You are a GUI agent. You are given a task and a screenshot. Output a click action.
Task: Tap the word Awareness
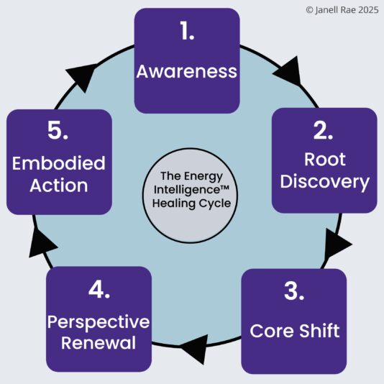click(187, 71)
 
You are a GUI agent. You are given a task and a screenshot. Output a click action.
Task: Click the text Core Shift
click(294, 332)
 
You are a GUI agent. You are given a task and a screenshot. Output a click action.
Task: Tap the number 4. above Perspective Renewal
click(99, 291)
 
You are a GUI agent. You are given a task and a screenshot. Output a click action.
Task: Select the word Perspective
click(99, 321)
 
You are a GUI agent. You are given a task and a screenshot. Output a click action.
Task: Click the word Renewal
click(99, 342)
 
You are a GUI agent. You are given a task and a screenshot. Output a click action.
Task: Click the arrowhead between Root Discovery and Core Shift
click(335, 243)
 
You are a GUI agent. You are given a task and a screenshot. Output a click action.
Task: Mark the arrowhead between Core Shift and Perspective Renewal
click(194, 351)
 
